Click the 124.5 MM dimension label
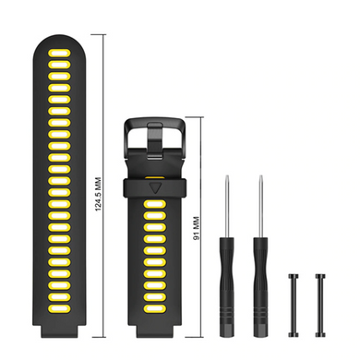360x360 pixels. point(98,194)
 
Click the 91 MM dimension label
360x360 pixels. point(197,228)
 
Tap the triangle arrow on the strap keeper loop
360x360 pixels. point(155,188)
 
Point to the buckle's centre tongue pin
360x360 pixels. point(155,141)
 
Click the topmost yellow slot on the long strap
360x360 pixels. point(59,53)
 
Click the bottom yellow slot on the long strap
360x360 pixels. point(59,308)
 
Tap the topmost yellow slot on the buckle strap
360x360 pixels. point(155,204)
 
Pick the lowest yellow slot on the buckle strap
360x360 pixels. point(155,308)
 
